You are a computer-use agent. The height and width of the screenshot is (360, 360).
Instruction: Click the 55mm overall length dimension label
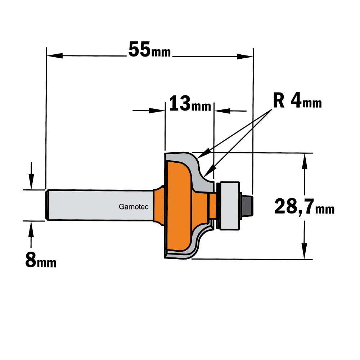click(x=150, y=50)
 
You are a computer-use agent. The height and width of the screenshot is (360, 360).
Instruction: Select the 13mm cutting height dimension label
click(x=190, y=103)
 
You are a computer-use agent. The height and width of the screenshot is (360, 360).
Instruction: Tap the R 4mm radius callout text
click(x=297, y=100)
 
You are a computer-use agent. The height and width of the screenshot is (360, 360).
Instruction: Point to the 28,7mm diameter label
click(x=305, y=207)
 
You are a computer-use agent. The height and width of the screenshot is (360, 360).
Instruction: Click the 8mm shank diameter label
click(x=41, y=260)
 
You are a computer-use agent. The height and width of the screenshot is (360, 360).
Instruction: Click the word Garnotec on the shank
click(x=134, y=207)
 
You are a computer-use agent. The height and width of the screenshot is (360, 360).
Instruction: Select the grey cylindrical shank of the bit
click(x=99, y=205)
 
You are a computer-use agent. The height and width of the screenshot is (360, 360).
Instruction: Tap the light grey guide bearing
click(x=229, y=206)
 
